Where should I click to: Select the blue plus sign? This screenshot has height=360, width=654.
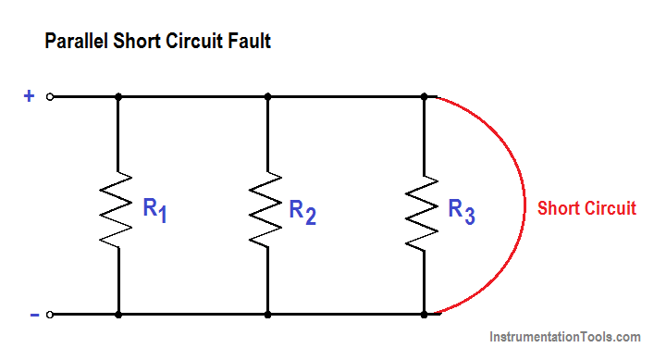tap(29, 95)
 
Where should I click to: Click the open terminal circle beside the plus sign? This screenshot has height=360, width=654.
tap(51, 96)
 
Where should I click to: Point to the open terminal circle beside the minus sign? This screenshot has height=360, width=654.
tap(51, 315)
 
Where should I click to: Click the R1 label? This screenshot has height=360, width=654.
tap(154, 210)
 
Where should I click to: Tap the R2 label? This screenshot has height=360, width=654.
tap(302, 210)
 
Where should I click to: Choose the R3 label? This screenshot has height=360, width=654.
tap(461, 210)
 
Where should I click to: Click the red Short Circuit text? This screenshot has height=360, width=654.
tap(586, 208)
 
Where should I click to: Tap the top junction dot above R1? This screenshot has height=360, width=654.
tap(118, 96)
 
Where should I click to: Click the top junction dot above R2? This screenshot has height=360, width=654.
tap(267, 96)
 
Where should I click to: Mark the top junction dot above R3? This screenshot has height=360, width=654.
tap(425, 96)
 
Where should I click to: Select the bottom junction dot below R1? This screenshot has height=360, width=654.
tap(118, 315)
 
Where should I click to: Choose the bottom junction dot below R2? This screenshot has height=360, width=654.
tap(267, 315)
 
